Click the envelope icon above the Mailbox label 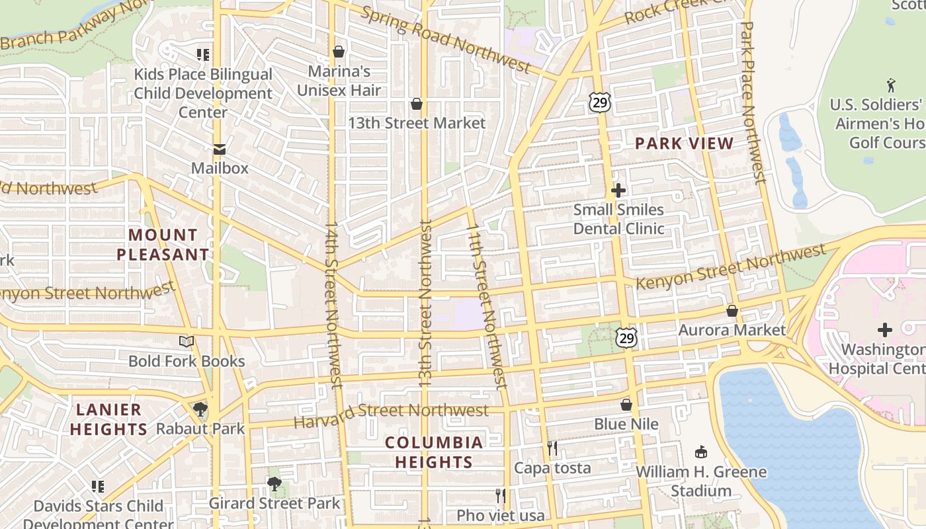click(219, 149)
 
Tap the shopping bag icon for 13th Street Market click(417, 104)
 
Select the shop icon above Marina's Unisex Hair click(339, 51)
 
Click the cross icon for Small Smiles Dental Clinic click(618, 190)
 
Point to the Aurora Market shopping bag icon click(732, 310)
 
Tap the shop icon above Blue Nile click(626, 404)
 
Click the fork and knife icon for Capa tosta click(552, 448)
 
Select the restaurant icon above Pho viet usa click(501, 496)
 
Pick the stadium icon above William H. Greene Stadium click(701, 452)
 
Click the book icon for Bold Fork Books click(187, 341)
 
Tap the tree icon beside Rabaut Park click(200, 409)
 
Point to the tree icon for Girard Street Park click(274, 484)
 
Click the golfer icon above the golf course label click(891, 85)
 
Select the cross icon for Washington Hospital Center click(885, 330)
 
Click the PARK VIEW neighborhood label click(685, 143)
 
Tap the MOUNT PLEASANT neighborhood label click(163, 245)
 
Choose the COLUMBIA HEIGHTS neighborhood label click(434, 452)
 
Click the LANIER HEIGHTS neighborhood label click(108, 419)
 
